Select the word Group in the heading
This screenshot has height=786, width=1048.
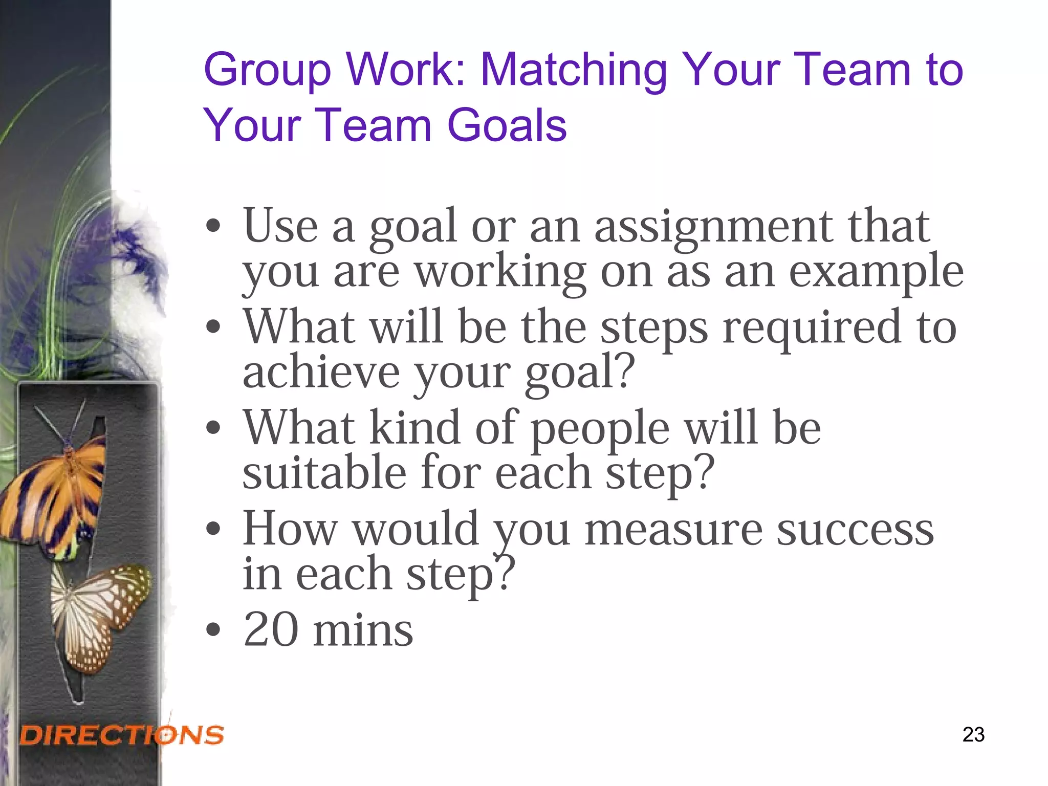[268, 71]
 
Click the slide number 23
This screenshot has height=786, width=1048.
[973, 734]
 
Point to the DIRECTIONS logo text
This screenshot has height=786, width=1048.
[122, 735]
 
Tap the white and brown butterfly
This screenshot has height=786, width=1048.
[100, 614]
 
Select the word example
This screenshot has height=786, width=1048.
[876, 272]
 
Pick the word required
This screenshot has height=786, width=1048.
[812, 327]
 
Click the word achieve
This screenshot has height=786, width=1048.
[321, 372]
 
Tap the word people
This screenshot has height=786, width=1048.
[600, 429]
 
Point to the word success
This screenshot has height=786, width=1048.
[855, 530]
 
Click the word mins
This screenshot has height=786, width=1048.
[363, 630]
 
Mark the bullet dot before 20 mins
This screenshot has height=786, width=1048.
[213, 630]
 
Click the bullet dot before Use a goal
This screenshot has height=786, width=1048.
[213, 226]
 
